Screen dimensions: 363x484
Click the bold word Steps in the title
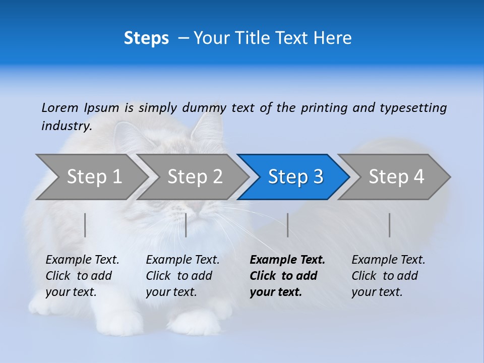click(x=146, y=38)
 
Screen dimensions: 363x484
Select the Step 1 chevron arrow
click(x=94, y=177)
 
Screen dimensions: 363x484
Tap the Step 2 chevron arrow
click(x=195, y=177)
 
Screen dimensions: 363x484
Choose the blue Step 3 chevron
click(x=295, y=177)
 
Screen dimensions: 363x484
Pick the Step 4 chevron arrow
click(x=396, y=177)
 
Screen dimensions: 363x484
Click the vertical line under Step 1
click(x=85, y=225)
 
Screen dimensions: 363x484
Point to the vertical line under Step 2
click(x=186, y=225)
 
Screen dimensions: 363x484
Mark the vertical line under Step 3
click(x=287, y=225)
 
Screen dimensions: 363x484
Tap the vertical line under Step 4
click(x=389, y=225)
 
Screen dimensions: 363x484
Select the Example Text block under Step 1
click(x=82, y=276)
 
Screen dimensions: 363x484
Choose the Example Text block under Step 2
click(x=183, y=276)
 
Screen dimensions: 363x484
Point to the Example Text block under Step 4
click(x=388, y=276)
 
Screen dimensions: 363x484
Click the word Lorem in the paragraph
click(x=60, y=108)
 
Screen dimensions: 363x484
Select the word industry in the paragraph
click(x=66, y=127)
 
